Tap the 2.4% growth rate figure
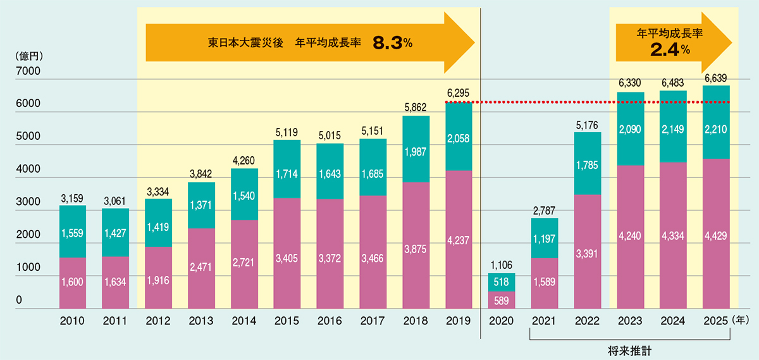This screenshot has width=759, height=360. click(670, 50)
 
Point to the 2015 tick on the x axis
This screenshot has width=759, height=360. click(287, 321)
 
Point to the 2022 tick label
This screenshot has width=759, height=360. click(586, 321)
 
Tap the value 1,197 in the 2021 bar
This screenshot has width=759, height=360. click(543, 239)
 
